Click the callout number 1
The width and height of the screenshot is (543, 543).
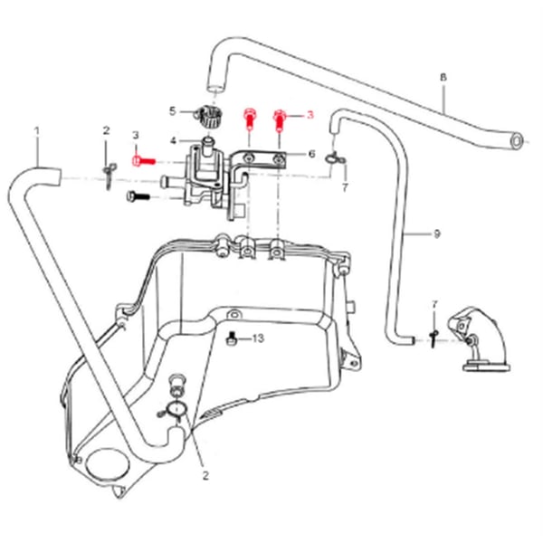37,131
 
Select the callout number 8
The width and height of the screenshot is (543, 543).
443,77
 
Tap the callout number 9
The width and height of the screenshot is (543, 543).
436,234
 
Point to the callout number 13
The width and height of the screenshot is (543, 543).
258,338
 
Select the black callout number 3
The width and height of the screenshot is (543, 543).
136,135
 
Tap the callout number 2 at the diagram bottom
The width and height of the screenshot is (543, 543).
205,474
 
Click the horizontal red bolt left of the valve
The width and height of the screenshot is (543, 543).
144,160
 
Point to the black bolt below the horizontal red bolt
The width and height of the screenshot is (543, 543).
138,195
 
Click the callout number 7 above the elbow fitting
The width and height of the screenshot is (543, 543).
434,304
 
